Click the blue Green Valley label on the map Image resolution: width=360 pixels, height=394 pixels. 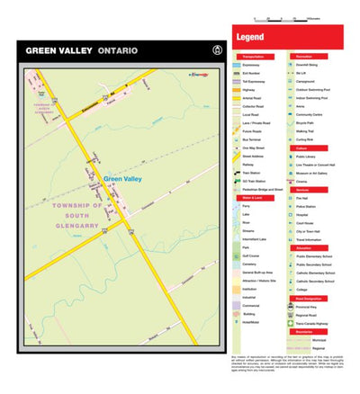tap(122, 179)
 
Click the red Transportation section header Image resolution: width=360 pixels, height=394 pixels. tap(251, 57)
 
